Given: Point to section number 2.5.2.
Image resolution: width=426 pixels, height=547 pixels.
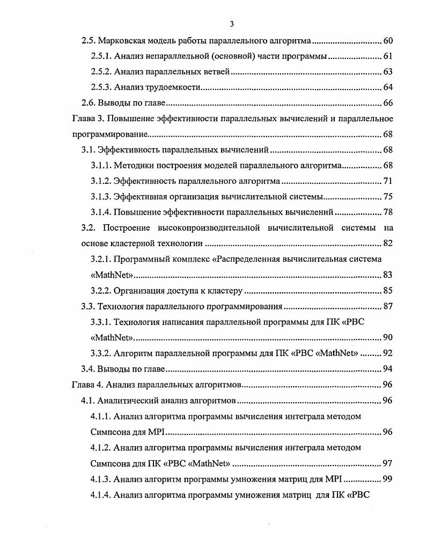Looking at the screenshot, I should [101, 72].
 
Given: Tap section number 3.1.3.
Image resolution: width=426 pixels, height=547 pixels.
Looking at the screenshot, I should [101, 196].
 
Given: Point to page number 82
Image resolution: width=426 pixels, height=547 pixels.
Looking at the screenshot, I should [388, 243].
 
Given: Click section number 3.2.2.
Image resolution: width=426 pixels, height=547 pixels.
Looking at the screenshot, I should [101, 291].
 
